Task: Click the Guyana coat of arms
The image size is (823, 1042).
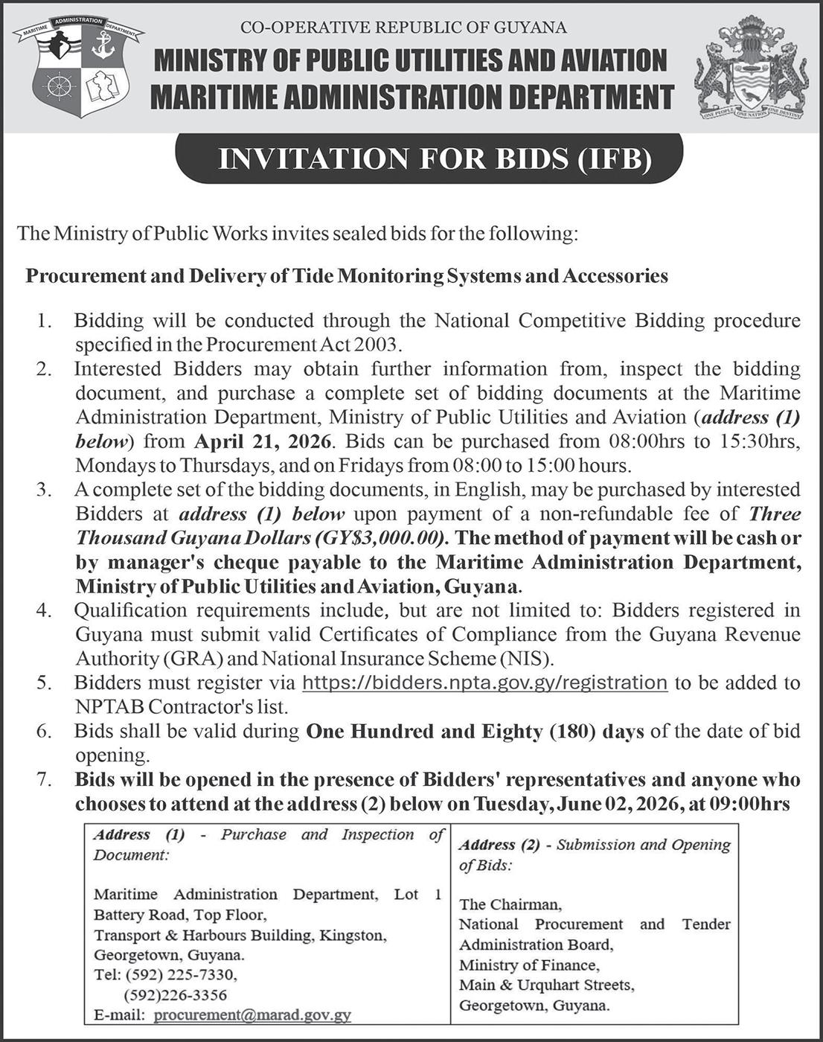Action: pyautogui.click(x=751, y=70)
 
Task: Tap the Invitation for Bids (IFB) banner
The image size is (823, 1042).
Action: pyautogui.click(x=429, y=159)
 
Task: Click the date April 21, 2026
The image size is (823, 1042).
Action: pyautogui.click(x=262, y=441)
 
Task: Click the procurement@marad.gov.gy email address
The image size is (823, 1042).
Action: pyautogui.click(x=253, y=1014)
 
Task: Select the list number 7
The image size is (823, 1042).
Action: pyautogui.click(x=45, y=780)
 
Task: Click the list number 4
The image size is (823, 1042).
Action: pyautogui.click(x=45, y=611)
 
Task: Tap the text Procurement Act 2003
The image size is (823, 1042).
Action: pyautogui.click(x=304, y=345)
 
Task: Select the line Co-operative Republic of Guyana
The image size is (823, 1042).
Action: pyautogui.click(x=403, y=28)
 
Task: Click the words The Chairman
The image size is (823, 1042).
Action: pyautogui.click(x=510, y=904)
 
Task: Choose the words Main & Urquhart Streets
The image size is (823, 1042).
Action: pyautogui.click(x=546, y=985)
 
